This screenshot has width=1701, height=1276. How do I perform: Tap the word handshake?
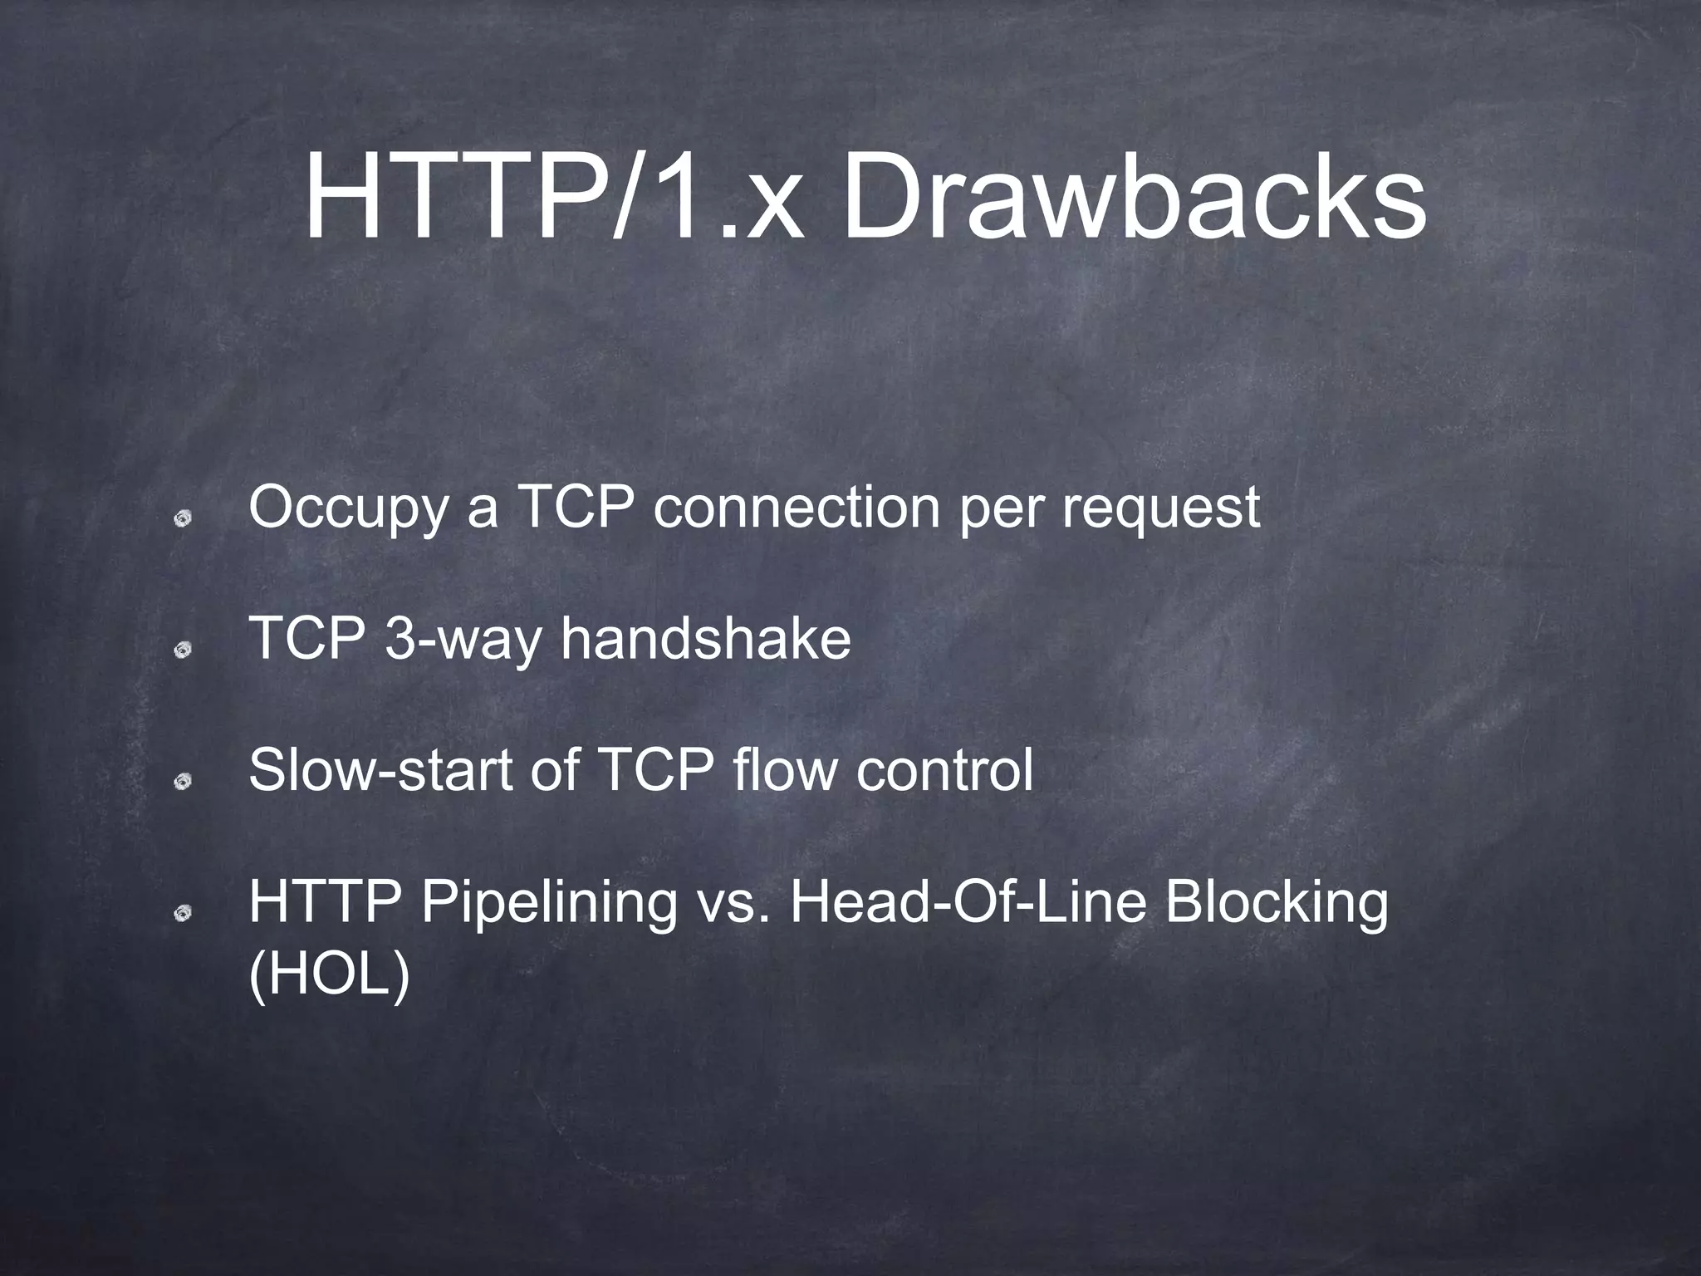(x=706, y=639)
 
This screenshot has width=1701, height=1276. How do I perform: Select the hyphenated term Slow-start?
(x=380, y=770)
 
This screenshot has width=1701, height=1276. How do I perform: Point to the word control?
(x=944, y=770)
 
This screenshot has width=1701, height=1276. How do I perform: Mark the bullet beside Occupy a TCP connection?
(x=183, y=518)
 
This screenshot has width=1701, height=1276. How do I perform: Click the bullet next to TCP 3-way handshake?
(x=183, y=650)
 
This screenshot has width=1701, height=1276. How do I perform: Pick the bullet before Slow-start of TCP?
(x=183, y=781)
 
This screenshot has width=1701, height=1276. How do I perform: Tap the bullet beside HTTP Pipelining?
(x=183, y=914)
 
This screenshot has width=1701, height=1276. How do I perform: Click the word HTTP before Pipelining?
(x=326, y=903)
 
